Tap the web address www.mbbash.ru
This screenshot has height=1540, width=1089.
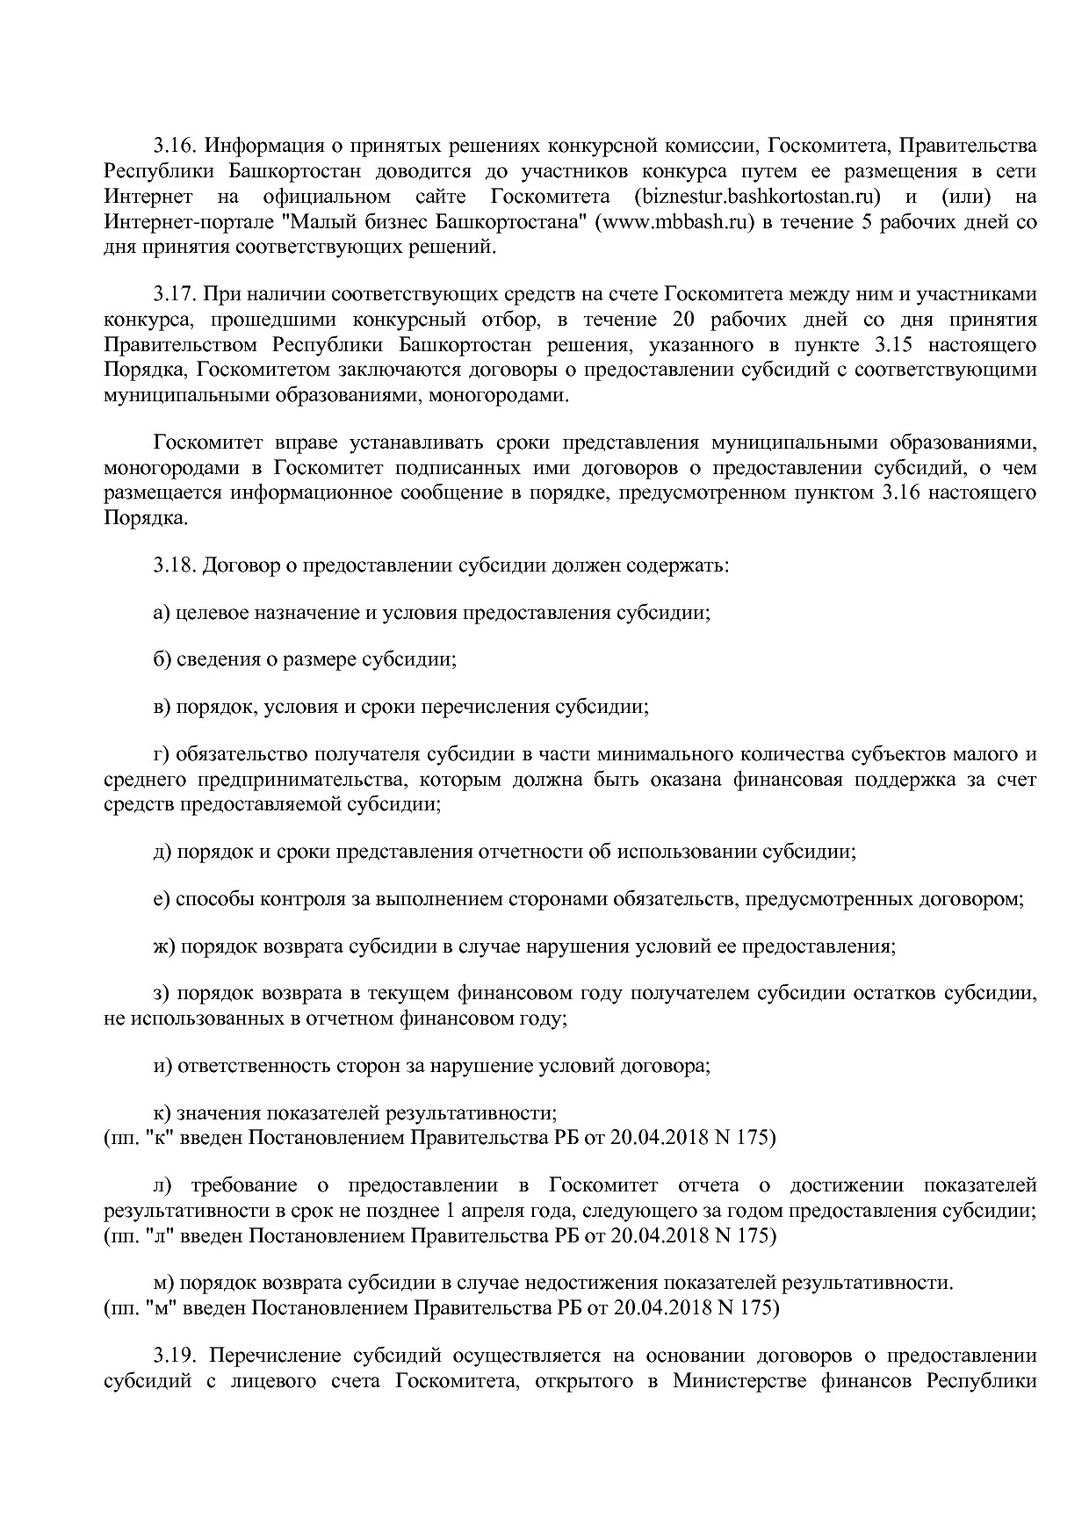coord(675,222)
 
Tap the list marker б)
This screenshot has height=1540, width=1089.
coord(162,659)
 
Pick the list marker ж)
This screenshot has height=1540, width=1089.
coord(164,946)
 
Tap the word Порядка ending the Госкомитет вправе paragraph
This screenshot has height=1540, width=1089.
coord(145,518)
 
